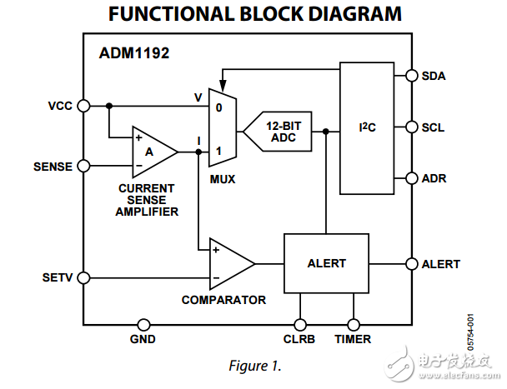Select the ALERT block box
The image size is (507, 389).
[x=326, y=263]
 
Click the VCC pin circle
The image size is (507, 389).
[x=83, y=106]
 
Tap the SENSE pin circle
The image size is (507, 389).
[x=83, y=166]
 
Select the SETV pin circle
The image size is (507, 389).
[x=83, y=277]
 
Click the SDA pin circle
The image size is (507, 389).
[x=410, y=76]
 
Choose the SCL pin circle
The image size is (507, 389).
[x=410, y=127]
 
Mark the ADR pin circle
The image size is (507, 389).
[x=410, y=178]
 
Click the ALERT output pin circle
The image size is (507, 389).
[x=410, y=264]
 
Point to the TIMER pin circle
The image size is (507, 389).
[x=354, y=325]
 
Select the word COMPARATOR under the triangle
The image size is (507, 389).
[x=223, y=300]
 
